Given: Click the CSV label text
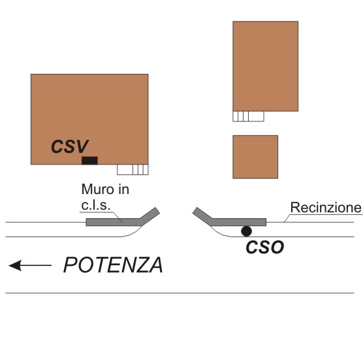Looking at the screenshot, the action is pos(70,146).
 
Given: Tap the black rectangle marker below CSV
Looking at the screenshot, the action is pos(89,161).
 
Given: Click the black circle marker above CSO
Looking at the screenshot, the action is pos(246,231).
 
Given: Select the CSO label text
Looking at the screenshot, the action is pos(265,247).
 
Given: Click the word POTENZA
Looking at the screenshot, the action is pos(113,265).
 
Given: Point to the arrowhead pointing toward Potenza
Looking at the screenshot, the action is pos(15,265).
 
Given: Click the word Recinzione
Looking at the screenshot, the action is pos(326,207).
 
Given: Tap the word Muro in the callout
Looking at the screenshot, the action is pos(95,189).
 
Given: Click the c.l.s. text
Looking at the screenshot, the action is pos(95,205).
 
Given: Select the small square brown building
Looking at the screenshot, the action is pos(255,157).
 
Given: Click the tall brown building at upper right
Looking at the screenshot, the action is pos(265,66).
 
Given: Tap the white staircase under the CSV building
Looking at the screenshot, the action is pos(133,170).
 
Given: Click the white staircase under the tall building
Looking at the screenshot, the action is pos(248,116).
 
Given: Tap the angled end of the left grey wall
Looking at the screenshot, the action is pos(150,216).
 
